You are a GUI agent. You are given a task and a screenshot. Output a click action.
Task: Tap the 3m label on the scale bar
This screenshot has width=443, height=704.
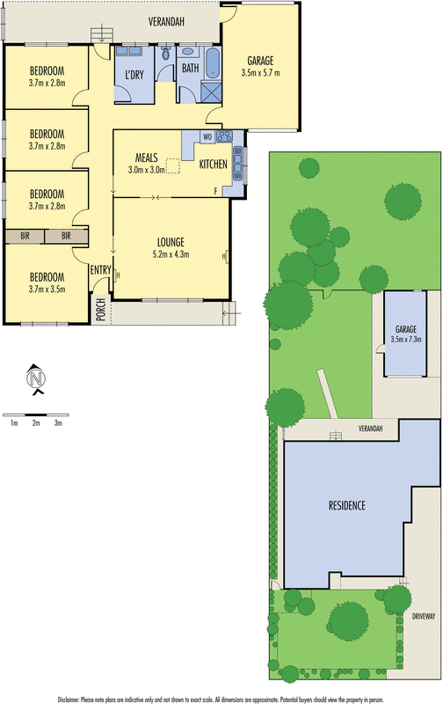pyautogui.click(x=58, y=423)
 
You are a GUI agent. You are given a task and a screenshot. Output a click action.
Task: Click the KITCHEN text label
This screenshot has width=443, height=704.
pyautogui.click(x=213, y=165)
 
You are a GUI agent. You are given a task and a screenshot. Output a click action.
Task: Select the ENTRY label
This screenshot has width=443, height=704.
pyautogui.click(x=101, y=270)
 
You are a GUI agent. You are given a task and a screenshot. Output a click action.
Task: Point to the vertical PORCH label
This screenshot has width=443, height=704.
pyautogui.click(x=101, y=311)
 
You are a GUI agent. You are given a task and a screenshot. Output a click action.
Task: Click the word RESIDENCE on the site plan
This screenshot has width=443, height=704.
pyautogui.click(x=347, y=506)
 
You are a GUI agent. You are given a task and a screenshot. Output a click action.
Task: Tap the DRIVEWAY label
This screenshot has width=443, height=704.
pyautogui.click(x=423, y=619)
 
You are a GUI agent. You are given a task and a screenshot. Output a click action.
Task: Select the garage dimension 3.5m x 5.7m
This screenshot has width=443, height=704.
pyautogui.click(x=260, y=73)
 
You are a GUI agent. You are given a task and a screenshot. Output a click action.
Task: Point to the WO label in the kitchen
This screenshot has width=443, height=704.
pyautogui.click(x=207, y=137)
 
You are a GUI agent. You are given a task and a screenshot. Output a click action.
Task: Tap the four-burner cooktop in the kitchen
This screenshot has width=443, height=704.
pyautogui.click(x=224, y=136)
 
